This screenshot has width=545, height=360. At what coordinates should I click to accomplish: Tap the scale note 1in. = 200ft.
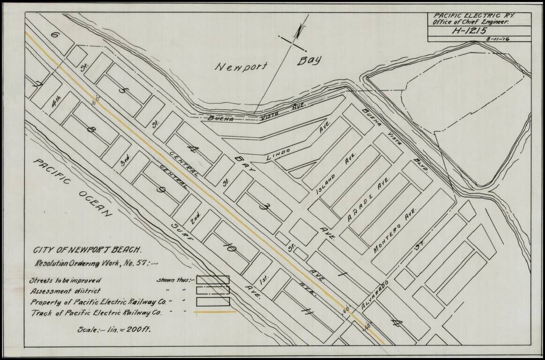click(114, 330)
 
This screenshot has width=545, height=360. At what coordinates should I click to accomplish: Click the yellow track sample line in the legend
click(213, 312)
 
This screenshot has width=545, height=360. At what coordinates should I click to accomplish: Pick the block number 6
click(55, 36)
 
